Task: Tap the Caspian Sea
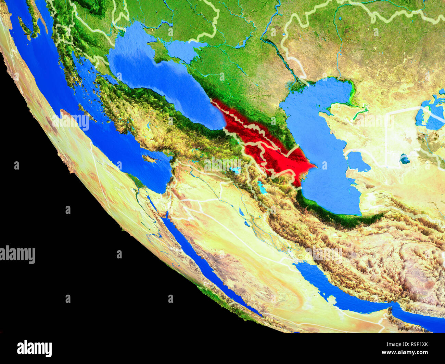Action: click(322, 144)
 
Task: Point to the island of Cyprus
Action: click(151, 159)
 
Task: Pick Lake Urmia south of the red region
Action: click(262, 187)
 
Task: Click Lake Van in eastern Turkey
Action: click(236, 170)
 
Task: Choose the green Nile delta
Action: click(137, 185)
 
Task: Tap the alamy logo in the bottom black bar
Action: click(34, 348)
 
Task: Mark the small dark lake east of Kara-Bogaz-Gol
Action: click(404, 159)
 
